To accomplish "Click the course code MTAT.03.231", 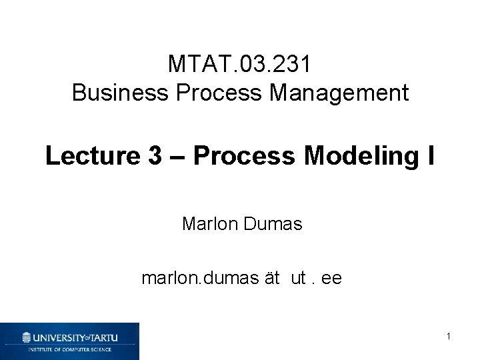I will tap(239, 65).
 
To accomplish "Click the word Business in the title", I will tap(115, 93).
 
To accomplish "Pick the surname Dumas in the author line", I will tap(275, 224).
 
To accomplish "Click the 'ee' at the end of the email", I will tap(331, 278).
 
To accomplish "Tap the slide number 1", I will tap(449, 337).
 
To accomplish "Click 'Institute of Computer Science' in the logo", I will tap(69, 349).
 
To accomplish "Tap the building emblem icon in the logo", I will tap(27, 337).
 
